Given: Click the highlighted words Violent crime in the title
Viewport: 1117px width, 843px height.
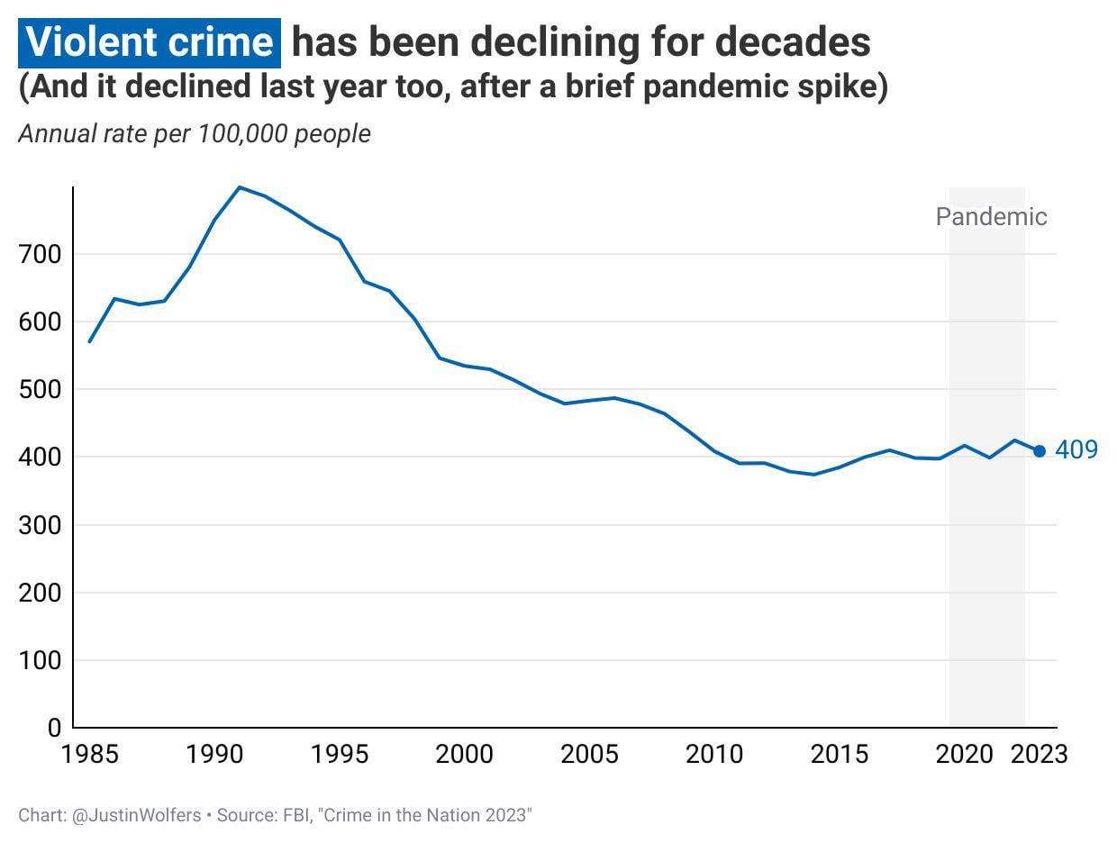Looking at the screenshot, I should pos(150,42).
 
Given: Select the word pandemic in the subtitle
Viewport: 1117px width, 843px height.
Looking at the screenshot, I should pos(705,88).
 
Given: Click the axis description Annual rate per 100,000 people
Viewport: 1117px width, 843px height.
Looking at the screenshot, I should pos(195,134).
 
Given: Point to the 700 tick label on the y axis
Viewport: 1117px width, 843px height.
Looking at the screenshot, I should pos(40,255).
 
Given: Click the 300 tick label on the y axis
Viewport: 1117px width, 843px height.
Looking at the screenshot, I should pos(40,525).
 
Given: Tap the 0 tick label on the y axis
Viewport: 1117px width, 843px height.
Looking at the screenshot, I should pos(54,728).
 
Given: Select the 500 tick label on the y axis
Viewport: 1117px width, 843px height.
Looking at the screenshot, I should pos(40,390).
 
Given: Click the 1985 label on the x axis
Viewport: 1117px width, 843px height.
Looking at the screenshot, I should pos(90,754).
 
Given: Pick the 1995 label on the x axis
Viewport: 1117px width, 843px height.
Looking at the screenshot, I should pos(340,754).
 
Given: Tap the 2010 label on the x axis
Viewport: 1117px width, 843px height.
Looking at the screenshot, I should pos(714,754).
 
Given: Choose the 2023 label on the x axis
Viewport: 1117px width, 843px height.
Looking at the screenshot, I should pos(1039,754).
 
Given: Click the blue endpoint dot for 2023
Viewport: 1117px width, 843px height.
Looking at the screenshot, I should pos(1039,451).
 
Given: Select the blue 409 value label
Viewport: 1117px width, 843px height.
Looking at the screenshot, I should pos(1076,450).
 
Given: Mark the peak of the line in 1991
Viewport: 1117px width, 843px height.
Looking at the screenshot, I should pos(240,187).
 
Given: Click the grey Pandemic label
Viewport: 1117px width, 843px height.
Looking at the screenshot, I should pos(991,217).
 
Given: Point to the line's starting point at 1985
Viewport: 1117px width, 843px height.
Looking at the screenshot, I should pos(90,341).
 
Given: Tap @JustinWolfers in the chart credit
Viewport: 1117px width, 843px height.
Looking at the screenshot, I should pos(135,816).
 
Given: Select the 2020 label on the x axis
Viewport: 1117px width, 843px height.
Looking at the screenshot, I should pos(964,754).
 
